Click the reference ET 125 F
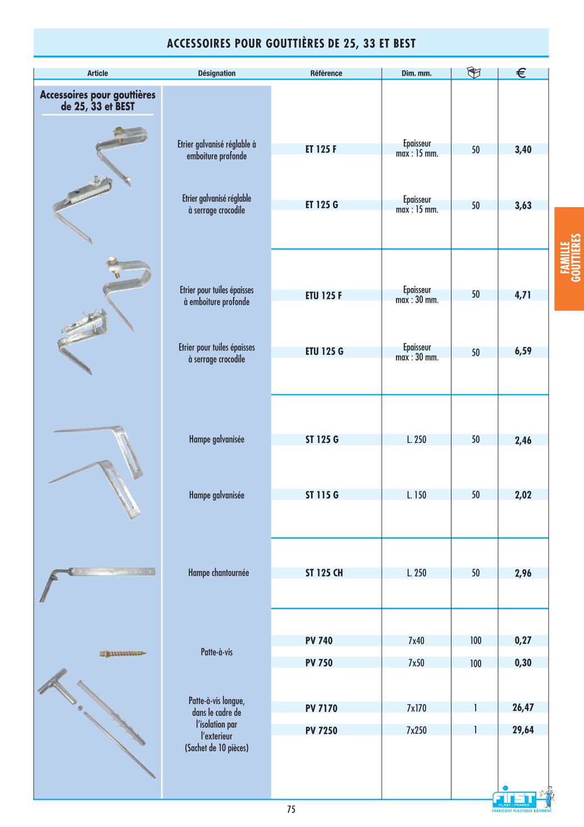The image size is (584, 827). [321, 149]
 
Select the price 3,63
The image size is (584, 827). [523, 205]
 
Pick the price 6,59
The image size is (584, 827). [523, 351]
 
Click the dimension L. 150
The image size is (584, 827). [416, 495]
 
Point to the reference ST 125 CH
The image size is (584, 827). [323, 573]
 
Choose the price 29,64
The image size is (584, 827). [523, 730]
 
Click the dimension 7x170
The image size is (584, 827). [416, 709]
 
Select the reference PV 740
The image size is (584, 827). [318, 641]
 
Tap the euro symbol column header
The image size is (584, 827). [521, 73]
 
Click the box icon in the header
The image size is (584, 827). [474, 73]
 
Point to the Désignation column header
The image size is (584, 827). [217, 74]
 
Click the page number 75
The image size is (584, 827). [291, 810]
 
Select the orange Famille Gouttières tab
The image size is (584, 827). [569, 258]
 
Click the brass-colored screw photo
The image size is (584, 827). [123, 654]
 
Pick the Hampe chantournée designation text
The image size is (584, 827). [218, 573]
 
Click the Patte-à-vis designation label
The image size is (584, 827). [216, 652]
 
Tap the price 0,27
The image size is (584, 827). [523, 641]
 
